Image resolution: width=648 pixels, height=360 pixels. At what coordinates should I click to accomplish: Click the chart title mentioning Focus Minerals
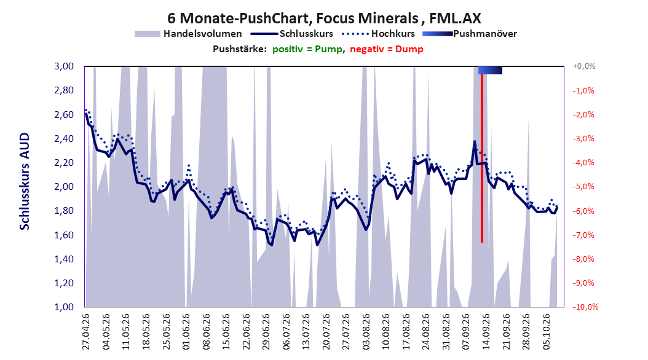(324, 18)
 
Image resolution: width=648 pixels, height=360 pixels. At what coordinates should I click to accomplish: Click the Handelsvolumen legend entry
(189, 34)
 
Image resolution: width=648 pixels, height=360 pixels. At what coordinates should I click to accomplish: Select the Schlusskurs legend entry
(292, 34)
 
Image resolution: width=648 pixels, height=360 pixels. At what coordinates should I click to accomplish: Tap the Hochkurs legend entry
(378, 34)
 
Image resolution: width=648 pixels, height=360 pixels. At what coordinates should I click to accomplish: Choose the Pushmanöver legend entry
(470, 34)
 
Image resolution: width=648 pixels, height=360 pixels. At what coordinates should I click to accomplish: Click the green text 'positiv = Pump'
(307, 49)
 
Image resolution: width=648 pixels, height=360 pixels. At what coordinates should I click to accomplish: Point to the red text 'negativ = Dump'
(387, 49)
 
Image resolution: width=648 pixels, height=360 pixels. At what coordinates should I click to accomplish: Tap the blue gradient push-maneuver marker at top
(490, 70)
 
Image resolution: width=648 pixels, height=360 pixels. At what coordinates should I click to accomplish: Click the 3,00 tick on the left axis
(64, 66)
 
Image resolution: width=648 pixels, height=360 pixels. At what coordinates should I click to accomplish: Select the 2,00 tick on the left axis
(64, 187)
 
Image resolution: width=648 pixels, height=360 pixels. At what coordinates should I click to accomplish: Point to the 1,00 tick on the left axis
(64, 307)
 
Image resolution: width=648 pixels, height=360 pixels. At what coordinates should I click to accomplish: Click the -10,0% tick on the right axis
(585, 307)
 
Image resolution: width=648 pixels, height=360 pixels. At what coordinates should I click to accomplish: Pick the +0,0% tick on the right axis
(584, 66)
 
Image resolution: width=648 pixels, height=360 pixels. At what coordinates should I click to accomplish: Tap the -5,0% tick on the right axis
(583, 187)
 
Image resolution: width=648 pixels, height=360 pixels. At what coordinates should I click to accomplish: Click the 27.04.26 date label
(86, 331)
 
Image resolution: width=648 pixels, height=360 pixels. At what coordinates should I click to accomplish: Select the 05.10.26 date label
(546, 331)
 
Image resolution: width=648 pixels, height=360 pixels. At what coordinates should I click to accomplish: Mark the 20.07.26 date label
(326, 331)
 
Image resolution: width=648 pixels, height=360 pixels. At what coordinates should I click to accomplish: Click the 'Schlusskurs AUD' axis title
(25, 181)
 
